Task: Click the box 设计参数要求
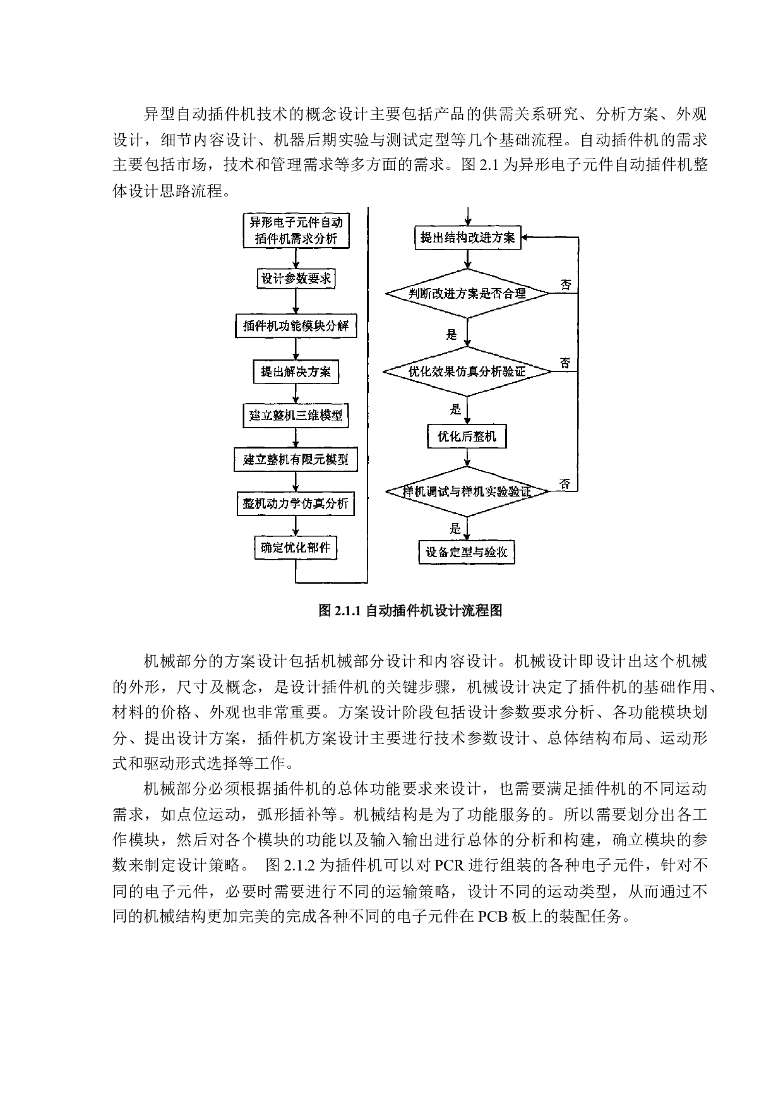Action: click(x=296, y=279)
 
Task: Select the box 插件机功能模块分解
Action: click(x=296, y=327)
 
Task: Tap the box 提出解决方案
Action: click(x=296, y=371)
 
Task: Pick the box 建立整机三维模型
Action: click(x=296, y=416)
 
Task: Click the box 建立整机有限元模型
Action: click(x=296, y=459)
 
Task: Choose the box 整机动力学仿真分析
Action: click(x=296, y=503)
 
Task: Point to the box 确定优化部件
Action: click(x=296, y=547)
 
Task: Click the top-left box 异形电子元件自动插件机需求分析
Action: click(x=296, y=231)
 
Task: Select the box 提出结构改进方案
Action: click(x=467, y=238)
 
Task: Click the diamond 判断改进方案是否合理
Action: click(x=467, y=293)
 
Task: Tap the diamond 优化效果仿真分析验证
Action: click(x=467, y=371)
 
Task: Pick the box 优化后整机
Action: click(x=467, y=437)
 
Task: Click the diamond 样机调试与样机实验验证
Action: click(x=467, y=491)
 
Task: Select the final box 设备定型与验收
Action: click(x=467, y=552)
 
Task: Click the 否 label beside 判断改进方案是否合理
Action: click(x=566, y=285)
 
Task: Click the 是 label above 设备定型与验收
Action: click(x=455, y=529)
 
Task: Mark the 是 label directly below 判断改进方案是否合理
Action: click(x=451, y=334)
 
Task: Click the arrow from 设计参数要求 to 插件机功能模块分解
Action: click(x=296, y=302)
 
